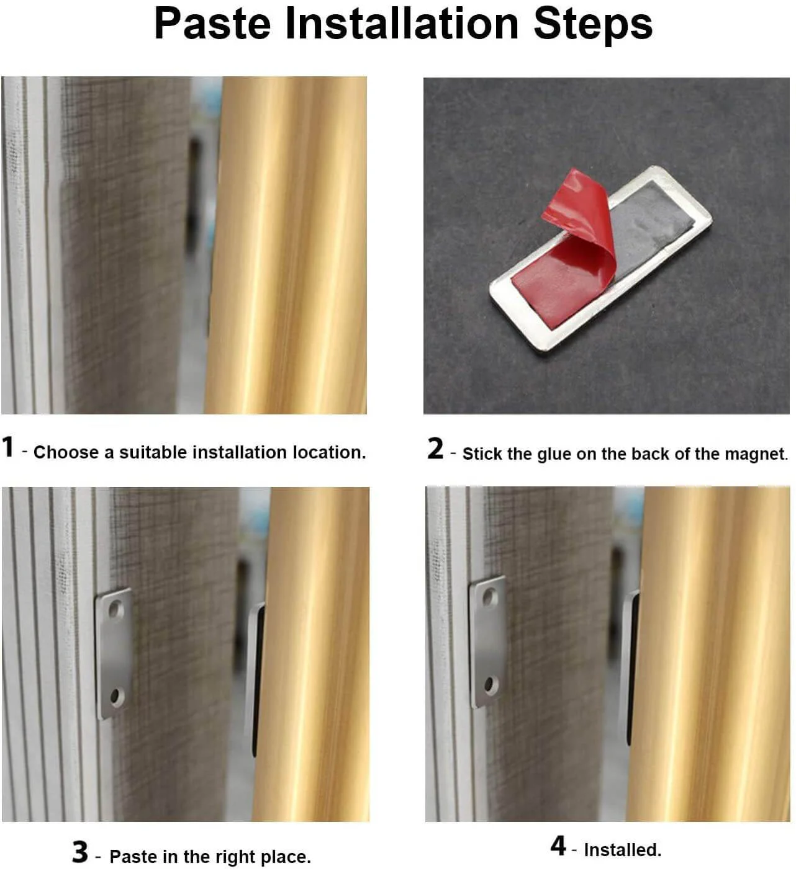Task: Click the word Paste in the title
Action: (212, 24)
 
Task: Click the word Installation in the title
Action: (402, 24)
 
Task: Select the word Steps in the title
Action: (593, 24)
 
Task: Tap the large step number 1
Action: (8, 447)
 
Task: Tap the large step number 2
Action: (435, 449)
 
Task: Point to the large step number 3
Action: (80, 852)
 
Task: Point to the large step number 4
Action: (558, 845)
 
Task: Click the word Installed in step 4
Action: (622, 849)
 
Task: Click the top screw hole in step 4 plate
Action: (490, 598)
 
